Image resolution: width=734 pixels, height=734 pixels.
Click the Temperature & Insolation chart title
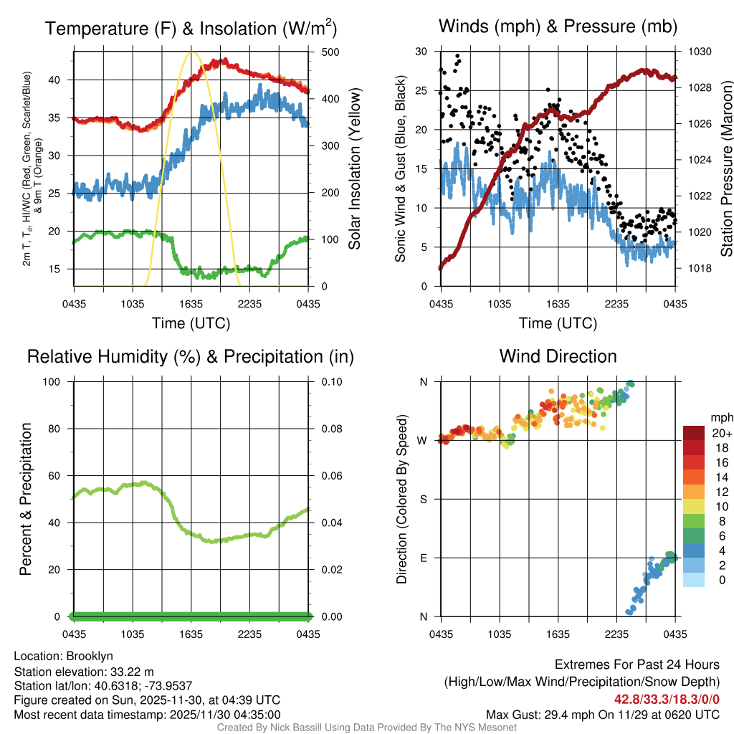tap(191, 28)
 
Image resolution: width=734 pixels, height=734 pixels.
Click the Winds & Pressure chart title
tap(558, 27)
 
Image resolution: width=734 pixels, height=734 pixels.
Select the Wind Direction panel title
tap(558, 356)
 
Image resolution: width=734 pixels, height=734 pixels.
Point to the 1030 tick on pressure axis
tap(700, 52)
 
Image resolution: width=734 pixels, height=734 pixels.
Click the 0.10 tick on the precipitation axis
tap(330, 381)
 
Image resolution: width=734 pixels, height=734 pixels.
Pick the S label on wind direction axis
tap(423, 499)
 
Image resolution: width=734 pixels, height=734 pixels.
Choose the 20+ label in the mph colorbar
tap(720, 433)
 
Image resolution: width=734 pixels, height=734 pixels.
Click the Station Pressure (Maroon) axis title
tap(726, 168)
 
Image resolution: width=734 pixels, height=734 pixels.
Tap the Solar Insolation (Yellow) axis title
tap(354, 168)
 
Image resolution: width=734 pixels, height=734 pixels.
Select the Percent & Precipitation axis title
tap(25, 499)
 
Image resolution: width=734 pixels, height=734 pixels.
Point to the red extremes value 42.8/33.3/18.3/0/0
tap(667, 700)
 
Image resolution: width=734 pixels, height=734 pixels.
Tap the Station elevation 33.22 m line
tap(85, 671)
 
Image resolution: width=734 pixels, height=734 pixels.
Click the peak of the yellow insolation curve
tap(191, 52)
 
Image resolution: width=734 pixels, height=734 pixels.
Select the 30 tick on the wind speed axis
tap(421, 52)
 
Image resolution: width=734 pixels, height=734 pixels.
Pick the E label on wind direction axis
tap(423, 558)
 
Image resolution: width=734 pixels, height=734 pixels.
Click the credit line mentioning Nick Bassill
tap(366, 728)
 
